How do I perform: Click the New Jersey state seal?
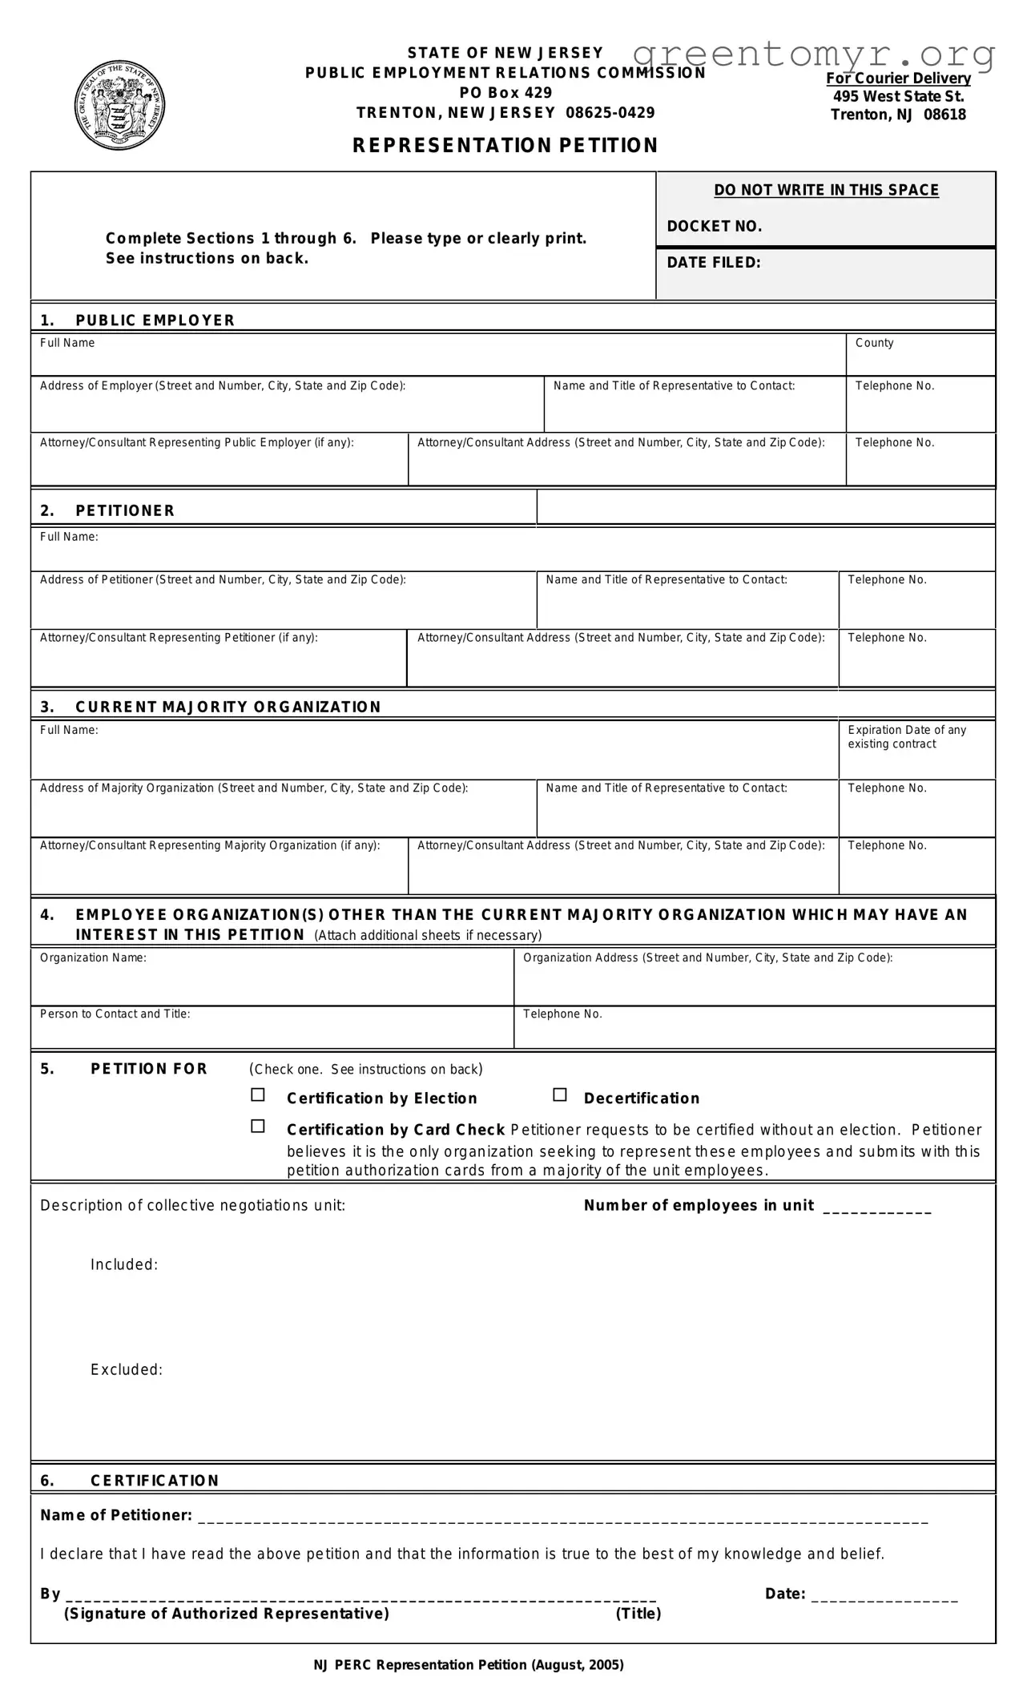click(120, 105)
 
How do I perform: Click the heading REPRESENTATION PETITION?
click(505, 145)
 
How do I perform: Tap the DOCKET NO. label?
click(714, 227)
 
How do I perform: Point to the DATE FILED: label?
click(713, 263)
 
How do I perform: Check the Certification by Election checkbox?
click(258, 1094)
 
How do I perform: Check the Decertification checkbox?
click(560, 1094)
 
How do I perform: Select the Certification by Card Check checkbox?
click(258, 1126)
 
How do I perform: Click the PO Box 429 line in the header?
click(505, 92)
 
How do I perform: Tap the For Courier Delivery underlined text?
click(898, 79)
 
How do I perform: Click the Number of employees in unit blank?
click(877, 1206)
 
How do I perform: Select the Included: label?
click(124, 1264)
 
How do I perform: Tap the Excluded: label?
click(127, 1369)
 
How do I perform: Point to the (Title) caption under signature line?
click(638, 1614)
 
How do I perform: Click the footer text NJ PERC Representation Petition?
click(468, 1665)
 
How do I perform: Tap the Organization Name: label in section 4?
click(93, 957)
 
